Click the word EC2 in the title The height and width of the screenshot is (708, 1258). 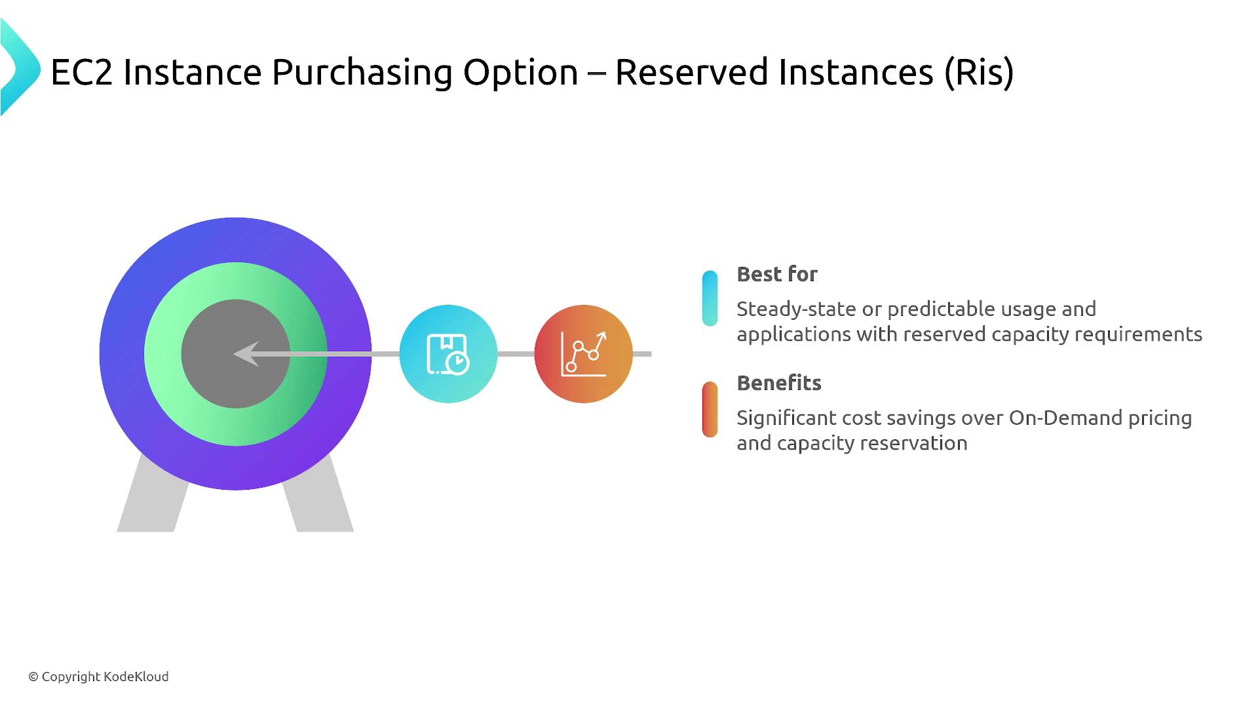coord(82,71)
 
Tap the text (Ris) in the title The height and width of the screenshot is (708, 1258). coord(980,72)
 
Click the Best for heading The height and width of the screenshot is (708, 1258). coord(777,274)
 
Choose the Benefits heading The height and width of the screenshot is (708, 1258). coord(779,383)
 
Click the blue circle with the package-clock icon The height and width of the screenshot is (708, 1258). coord(448,354)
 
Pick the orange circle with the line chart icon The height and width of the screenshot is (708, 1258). coord(583,354)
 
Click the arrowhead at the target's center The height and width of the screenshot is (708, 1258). coord(246,354)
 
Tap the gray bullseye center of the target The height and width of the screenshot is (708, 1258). coord(235,354)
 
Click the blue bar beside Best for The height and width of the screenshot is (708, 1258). coord(710,298)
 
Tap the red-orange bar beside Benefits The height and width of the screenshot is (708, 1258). coord(710,409)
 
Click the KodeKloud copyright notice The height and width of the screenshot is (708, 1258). coord(98,677)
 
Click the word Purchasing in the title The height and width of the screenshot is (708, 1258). coord(362,72)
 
